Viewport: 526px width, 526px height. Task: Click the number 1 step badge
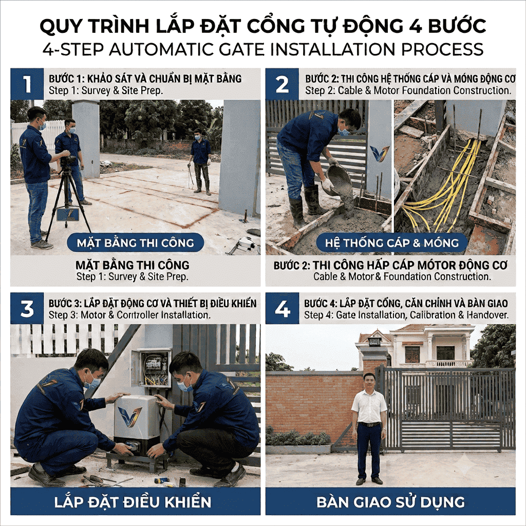[27, 84]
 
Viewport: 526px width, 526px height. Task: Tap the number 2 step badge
[282, 84]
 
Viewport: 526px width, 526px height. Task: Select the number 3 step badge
[27, 309]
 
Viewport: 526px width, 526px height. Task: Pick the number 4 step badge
[282, 309]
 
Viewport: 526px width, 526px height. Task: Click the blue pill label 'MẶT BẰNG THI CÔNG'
[136, 242]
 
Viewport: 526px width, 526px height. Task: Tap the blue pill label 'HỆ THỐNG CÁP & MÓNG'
[392, 242]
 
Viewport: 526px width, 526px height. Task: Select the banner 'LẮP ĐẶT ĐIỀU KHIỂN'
[136, 501]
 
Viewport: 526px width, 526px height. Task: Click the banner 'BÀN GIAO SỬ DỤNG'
[390, 501]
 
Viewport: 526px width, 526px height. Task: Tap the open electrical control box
[152, 368]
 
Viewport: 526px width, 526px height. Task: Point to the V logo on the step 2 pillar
[380, 154]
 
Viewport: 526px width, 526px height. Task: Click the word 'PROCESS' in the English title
[442, 49]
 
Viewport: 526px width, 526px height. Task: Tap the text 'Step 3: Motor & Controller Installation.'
[129, 315]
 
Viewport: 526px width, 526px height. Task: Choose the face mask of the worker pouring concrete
[344, 131]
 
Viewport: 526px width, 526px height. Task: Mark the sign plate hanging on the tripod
[68, 214]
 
